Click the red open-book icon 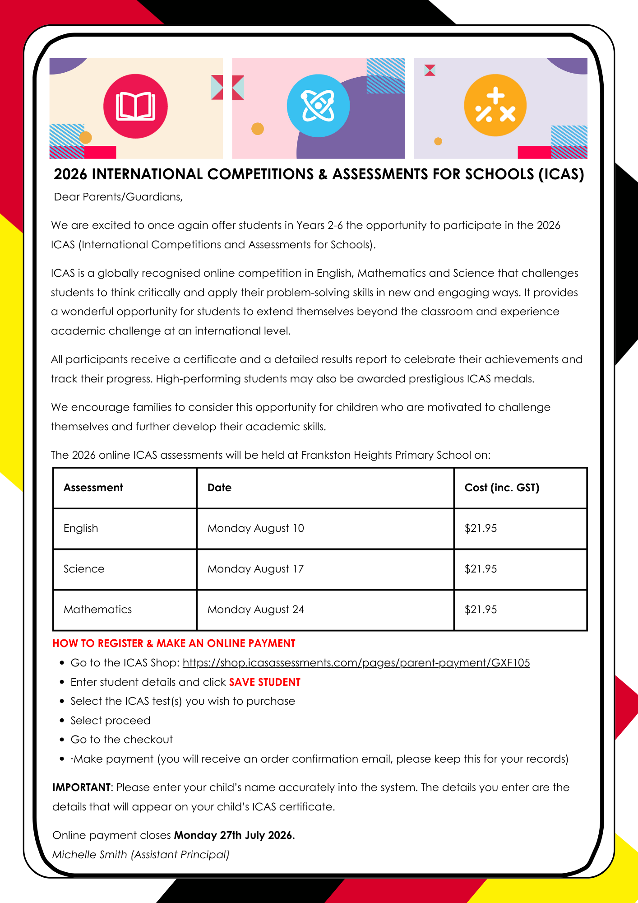[x=135, y=107]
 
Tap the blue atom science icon [x=318, y=106]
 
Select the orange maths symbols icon [x=495, y=106]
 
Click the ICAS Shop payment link [x=356, y=663]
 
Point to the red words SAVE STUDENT [x=264, y=682]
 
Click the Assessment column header [x=93, y=488]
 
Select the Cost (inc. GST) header [x=502, y=488]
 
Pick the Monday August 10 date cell [x=255, y=528]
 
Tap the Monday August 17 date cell [x=255, y=569]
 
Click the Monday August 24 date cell [x=255, y=610]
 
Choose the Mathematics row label [x=97, y=610]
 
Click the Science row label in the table [x=84, y=569]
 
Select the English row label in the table [x=81, y=528]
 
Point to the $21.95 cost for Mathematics [x=481, y=610]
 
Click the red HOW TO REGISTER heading [x=174, y=643]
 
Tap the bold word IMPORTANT [x=81, y=787]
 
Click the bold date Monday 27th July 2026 [x=234, y=835]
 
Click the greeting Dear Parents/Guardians [x=118, y=197]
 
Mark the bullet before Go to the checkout [x=62, y=740]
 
